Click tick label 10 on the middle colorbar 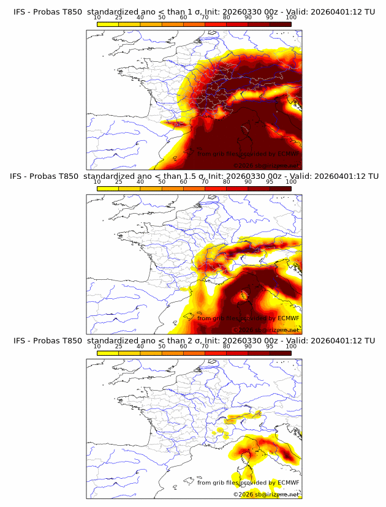97,182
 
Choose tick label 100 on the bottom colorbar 291,346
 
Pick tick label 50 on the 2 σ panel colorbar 162,346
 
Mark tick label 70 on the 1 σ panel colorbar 205,18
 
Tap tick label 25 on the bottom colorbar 118,346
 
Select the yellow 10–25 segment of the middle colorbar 107,188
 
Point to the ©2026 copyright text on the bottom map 243,494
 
